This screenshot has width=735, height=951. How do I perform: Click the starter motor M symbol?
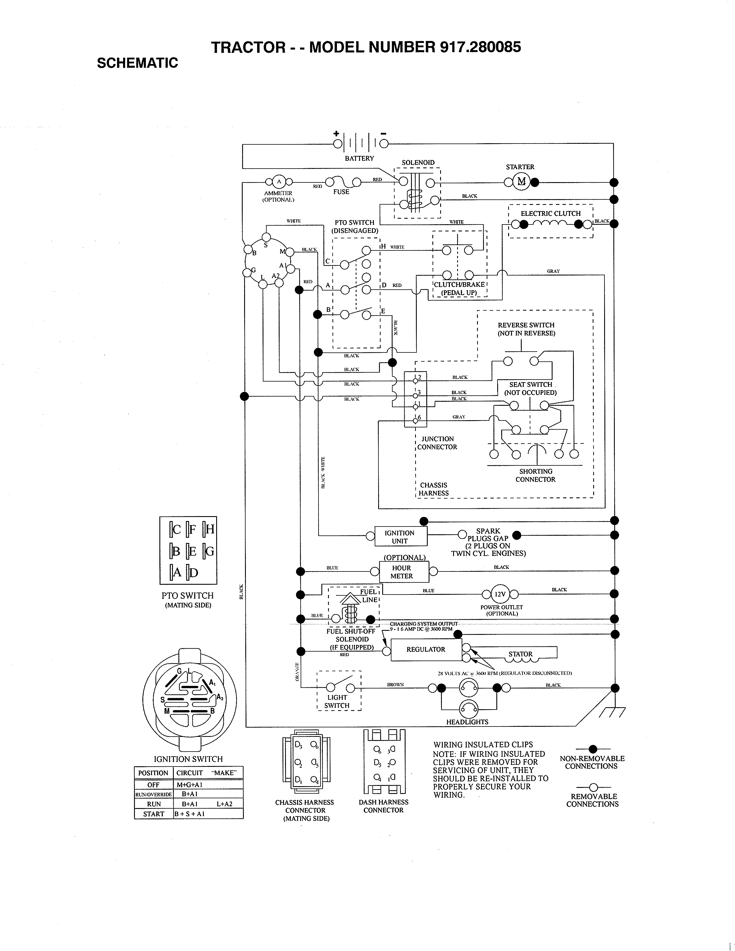(x=521, y=182)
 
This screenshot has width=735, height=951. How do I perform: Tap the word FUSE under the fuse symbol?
(x=341, y=192)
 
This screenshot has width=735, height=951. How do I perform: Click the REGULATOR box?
(x=425, y=649)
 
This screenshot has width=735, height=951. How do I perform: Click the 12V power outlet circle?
(x=500, y=594)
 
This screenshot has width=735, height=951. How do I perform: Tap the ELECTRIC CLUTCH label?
(x=550, y=213)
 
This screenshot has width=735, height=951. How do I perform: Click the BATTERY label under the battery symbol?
(x=359, y=158)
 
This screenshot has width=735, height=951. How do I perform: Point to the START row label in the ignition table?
(x=153, y=814)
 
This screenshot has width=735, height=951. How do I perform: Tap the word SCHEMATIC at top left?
(x=137, y=63)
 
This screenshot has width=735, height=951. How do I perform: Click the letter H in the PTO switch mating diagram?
(x=210, y=529)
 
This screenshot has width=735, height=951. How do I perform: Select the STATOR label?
(x=520, y=654)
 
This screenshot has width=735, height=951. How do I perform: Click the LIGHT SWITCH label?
(x=337, y=701)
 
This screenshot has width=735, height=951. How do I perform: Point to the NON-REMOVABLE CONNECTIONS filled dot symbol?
(x=593, y=749)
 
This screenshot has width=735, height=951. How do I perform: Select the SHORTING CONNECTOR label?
(x=535, y=476)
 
